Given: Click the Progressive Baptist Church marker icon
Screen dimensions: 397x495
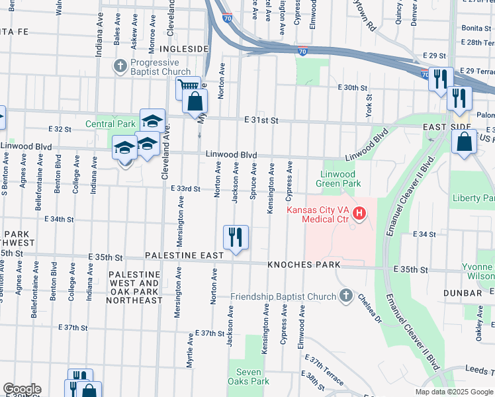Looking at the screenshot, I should coord(120,66).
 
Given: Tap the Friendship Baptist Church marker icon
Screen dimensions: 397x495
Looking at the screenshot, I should coord(345,296).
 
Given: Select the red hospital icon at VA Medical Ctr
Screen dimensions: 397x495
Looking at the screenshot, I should coord(359,213).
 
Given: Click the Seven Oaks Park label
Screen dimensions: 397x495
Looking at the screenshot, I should coord(248,376).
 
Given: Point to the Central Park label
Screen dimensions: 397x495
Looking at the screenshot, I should coord(110,124).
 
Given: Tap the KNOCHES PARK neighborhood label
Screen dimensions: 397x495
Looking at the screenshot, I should coord(304,265).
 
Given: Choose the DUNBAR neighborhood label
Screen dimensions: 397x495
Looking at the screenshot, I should coord(463,292).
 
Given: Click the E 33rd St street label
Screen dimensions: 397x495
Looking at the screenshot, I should coord(185,189).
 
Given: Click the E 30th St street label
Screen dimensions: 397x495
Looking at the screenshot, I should coord(351,87).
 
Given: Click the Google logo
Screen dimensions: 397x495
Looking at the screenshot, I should coord(22,389).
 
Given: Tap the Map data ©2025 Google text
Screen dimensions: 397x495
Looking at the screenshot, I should coord(453,392).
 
